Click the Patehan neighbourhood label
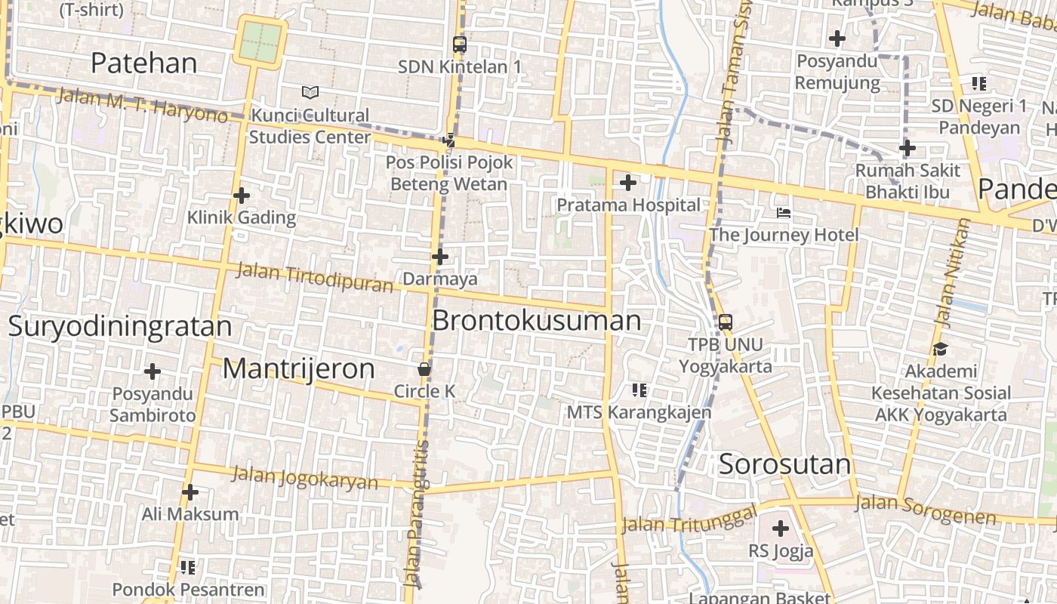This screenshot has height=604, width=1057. point(143,63)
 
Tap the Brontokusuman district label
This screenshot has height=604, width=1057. point(537,321)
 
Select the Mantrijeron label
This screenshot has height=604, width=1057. point(299,368)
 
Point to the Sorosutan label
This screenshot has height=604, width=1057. point(784,464)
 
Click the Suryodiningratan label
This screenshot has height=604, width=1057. point(120,326)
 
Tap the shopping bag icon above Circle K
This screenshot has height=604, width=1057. point(424,369)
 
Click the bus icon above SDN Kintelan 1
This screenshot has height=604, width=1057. point(460,45)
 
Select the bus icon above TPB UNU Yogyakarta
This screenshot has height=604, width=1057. point(725,322)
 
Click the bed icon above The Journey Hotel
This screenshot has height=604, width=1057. point(784,213)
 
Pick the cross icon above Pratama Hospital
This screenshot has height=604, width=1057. point(628,182)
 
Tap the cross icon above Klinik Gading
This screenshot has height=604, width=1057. point(242,196)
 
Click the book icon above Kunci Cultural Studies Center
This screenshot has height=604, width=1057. point(310,92)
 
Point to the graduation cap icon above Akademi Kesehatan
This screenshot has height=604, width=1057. point(940,349)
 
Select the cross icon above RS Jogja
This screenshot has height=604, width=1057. point(781,528)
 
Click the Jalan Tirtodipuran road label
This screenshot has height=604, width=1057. point(315,277)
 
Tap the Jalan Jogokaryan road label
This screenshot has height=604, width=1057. point(304,477)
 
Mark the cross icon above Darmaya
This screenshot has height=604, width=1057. point(440,257)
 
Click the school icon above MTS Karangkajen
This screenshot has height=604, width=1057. point(639,390)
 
